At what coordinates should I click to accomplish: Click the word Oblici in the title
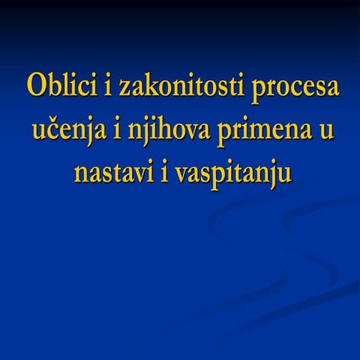point(58,86)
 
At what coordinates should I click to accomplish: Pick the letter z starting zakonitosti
point(122,88)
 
